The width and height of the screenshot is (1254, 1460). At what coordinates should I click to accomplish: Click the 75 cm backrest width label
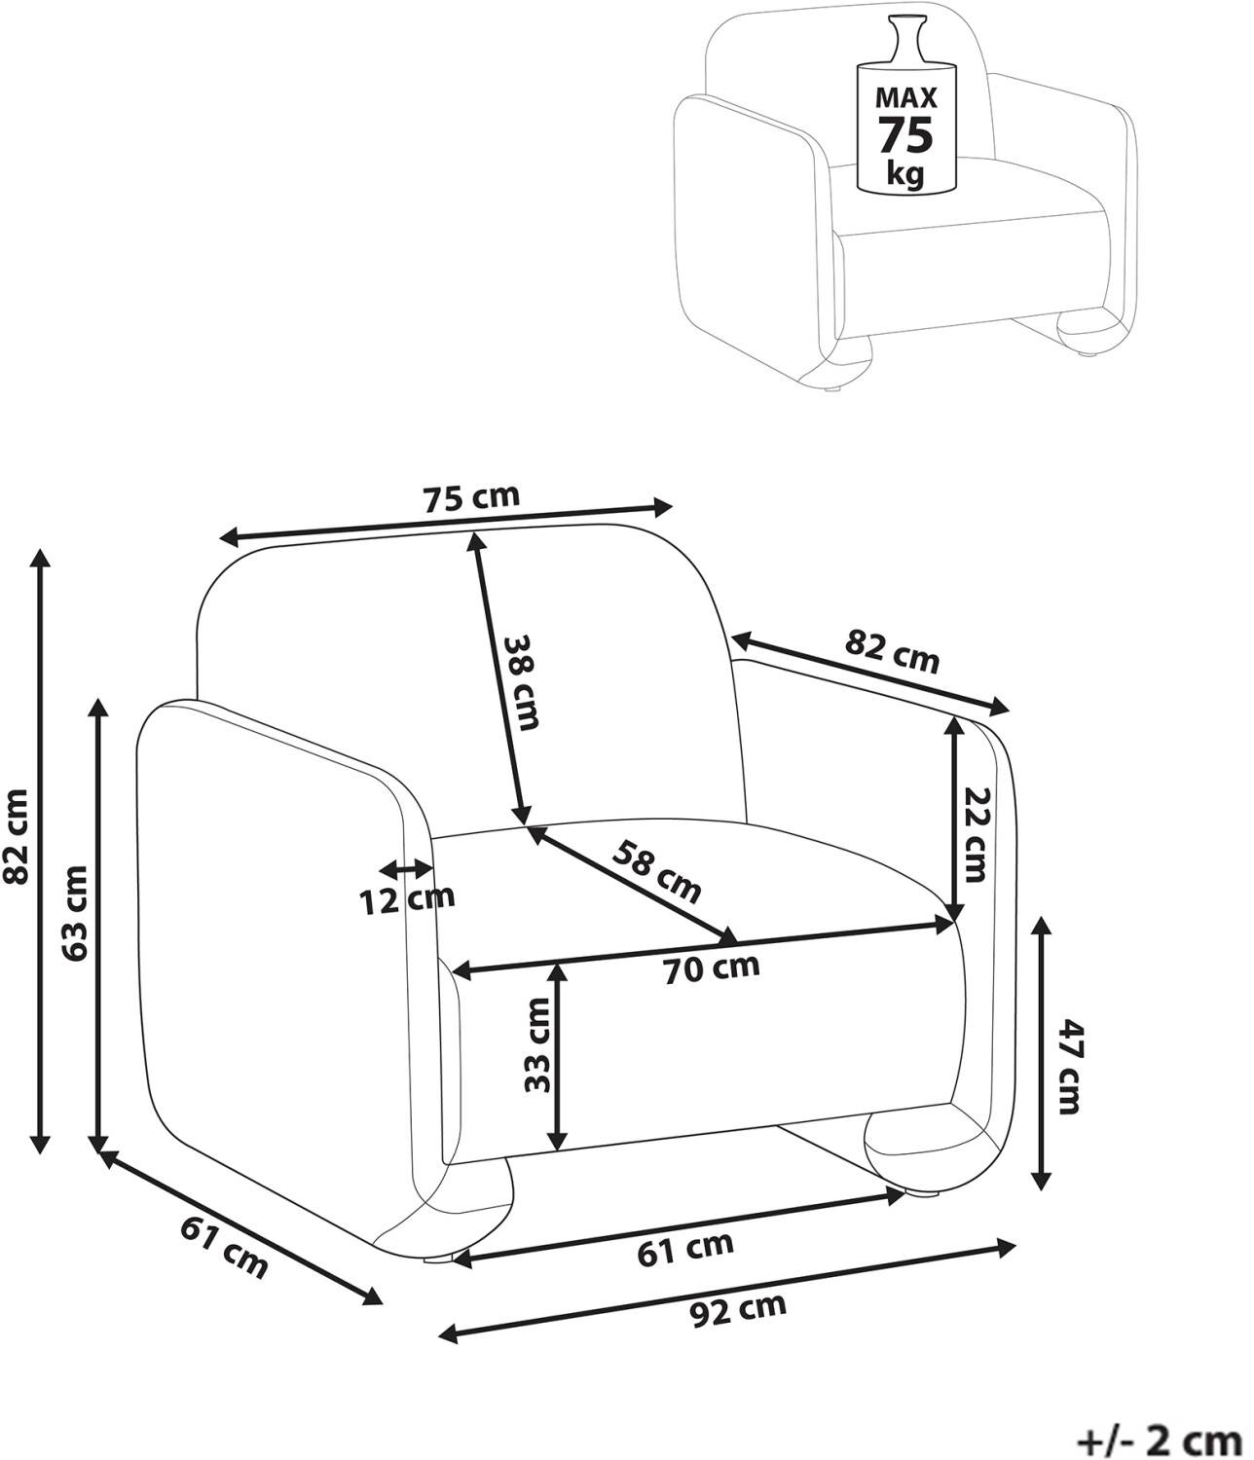tap(471, 497)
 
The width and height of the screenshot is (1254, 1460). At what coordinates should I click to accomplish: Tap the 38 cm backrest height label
tap(521, 682)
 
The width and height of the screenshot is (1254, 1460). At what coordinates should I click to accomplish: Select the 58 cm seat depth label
tap(656, 872)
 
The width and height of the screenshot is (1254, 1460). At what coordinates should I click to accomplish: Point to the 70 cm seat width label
tap(712, 967)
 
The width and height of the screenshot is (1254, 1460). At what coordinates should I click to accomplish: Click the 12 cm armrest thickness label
tap(407, 900)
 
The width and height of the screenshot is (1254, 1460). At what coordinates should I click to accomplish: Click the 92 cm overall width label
tap(738, 1309)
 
